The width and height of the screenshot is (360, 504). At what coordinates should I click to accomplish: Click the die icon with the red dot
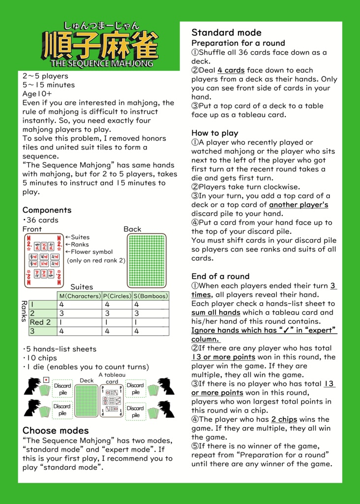46,379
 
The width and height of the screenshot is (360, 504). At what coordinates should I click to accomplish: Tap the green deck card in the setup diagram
87,401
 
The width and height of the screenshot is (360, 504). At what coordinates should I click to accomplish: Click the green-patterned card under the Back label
147,260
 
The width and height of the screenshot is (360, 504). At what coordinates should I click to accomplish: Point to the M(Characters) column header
79,296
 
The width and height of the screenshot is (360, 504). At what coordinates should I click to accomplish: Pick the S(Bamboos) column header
150,296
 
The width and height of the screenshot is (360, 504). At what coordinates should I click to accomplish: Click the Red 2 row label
40,322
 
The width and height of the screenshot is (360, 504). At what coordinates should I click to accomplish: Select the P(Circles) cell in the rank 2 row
117,314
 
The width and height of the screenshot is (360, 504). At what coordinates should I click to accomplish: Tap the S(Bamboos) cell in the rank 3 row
150,331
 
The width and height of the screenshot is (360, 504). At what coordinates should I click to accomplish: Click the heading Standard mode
226,32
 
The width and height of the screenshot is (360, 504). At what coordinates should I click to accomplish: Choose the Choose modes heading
56,431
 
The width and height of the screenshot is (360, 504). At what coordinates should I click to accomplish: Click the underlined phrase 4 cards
231,70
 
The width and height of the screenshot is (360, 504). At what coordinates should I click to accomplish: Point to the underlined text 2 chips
284,420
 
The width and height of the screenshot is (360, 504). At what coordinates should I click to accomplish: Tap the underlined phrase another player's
299,205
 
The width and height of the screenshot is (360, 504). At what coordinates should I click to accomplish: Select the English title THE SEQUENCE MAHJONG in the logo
102,63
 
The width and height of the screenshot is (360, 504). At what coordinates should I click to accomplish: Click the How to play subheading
214,133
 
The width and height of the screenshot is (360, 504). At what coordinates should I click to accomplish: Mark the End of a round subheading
220,276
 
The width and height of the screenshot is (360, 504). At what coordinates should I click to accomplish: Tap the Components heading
47,210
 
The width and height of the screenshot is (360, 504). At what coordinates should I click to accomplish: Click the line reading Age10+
37,94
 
